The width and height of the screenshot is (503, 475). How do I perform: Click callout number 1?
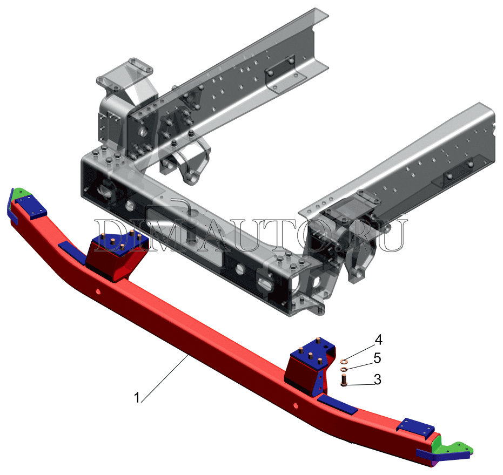coord(137,398)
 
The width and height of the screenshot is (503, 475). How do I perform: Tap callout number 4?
coord(379,340)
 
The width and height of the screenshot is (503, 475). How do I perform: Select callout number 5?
coord(377,358)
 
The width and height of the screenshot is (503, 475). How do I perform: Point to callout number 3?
coord(378,380)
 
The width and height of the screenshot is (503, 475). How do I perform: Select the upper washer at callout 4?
coord(343,362)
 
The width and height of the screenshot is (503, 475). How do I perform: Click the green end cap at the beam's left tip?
coord(20,193)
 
